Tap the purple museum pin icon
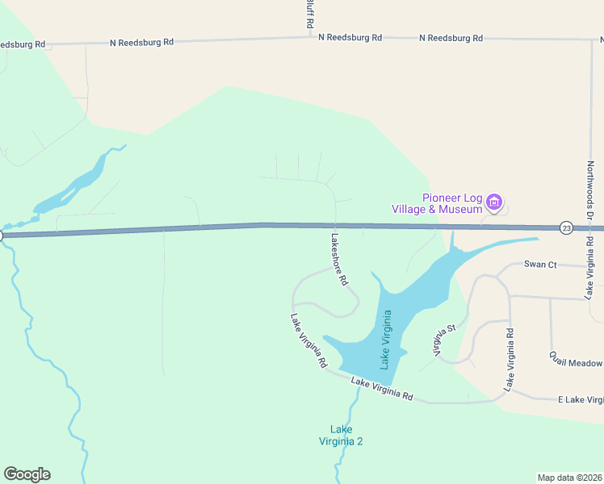(494, 201)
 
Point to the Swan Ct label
(540, 264)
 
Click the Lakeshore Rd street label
(339, 260)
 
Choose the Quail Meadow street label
(576, 360)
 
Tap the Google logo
(27, 474)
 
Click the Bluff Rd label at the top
(308, 15)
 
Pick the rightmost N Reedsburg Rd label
(451, 38)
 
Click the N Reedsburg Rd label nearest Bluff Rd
(350, 38)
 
